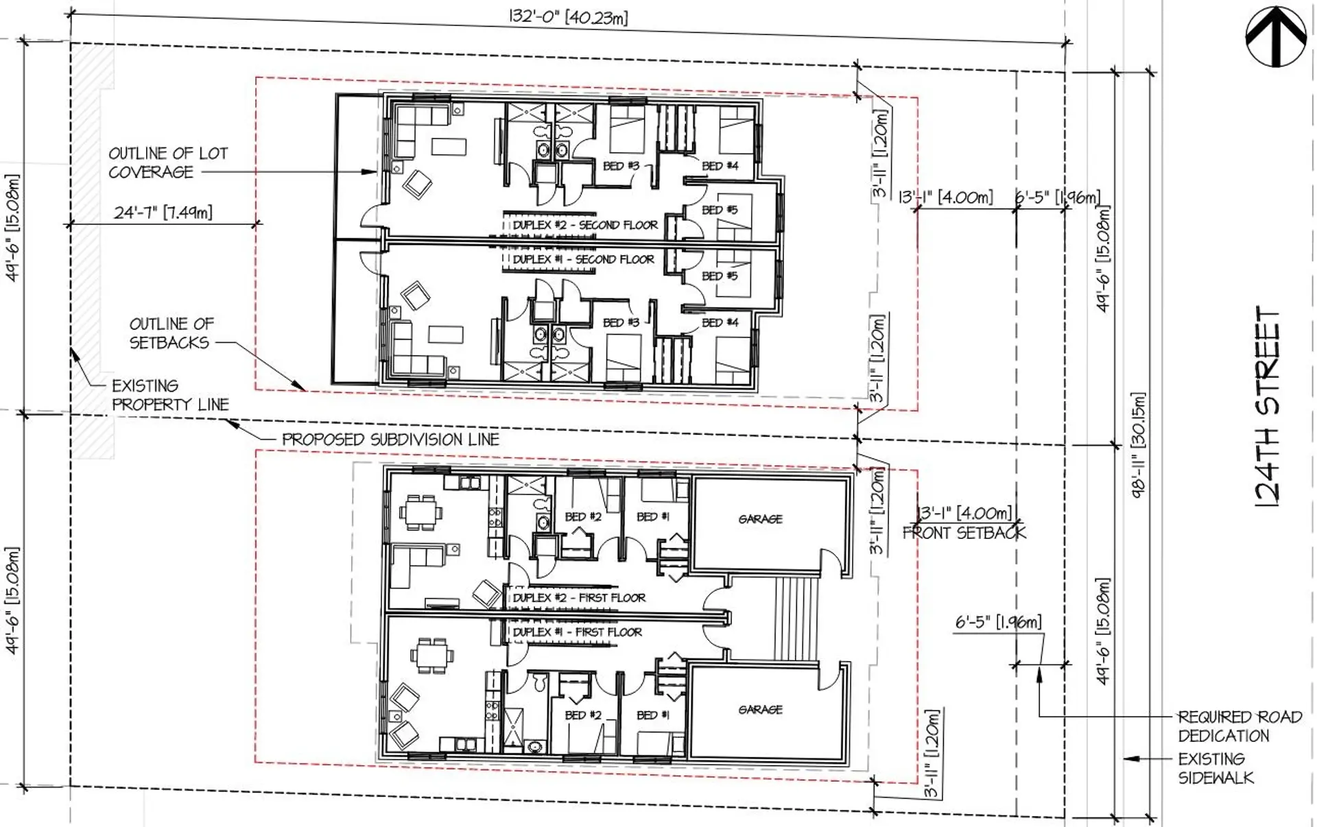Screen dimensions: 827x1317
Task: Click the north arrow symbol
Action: pos(1276,38)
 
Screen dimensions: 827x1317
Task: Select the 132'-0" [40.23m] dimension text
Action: pos(568,16)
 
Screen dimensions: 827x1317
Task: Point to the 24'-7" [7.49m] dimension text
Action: pos(163,212)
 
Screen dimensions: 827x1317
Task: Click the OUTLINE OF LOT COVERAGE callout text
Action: pos(167,163)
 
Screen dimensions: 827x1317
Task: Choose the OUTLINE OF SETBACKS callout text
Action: pos(171,333)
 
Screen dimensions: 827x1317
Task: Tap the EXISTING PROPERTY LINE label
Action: pos(169,395)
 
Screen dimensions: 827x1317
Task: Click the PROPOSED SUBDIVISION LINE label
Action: pos(390,440)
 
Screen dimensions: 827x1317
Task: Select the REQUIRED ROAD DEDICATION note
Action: pos(1239,726)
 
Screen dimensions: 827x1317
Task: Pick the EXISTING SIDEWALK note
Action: pos(1215,768)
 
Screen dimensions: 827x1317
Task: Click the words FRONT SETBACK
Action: pos(964,533)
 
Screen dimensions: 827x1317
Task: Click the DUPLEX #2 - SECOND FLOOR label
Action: pos(585,225)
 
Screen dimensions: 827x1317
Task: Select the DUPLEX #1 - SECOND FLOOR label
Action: pos(583,259)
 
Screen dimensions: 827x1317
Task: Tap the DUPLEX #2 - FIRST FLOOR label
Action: pos(579,598)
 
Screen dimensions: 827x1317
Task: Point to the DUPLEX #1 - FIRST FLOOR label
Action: pos(578,632)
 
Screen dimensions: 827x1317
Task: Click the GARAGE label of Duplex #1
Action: pos(760,710)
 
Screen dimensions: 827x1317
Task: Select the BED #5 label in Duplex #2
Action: pos(719,210)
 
